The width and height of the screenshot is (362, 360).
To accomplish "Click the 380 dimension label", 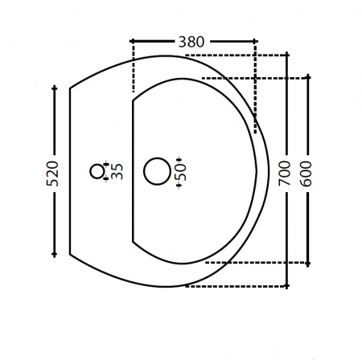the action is click(x=191, y=42).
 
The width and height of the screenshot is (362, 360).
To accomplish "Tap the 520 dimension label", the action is click(x=52, y=174).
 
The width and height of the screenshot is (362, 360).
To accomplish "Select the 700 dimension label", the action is click(x=285, y=174).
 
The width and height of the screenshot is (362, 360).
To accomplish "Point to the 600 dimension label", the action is click(x=306, y=174).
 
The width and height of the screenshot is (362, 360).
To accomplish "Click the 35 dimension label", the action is click(x=117, y=171).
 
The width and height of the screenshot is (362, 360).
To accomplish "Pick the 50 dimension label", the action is click(x=180, y=172).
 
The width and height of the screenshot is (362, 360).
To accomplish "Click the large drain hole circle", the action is click(x=157, y=171).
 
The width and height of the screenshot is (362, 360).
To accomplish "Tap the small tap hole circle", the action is click(x=97, y=171).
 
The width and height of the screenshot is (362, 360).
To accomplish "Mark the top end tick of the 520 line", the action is click(x=55, y=88).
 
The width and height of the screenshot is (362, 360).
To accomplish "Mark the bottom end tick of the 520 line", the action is click(x=54, y=254).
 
